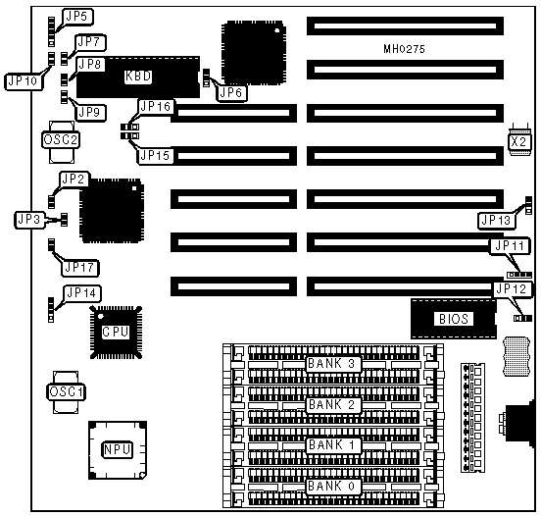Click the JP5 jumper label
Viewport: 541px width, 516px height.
tap(77, 17)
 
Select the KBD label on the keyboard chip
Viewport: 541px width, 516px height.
tap(138, 76)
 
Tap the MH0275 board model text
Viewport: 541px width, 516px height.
tap(404, 49)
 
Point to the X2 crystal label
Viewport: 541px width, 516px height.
tap(518, 141)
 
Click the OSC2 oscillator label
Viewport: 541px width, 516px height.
tap(61, 140)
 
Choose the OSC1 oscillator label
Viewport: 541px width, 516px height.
tap(66, 392)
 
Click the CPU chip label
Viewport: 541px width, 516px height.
tap(116, 332)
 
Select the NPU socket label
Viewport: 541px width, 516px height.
tap(118, 449)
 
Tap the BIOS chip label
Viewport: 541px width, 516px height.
tap(454, 319)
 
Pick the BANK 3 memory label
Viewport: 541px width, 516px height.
tap(332, 364)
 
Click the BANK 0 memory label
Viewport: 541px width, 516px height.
tap(332, 486)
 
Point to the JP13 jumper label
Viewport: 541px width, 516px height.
tap(496, 220)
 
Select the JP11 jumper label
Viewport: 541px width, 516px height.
tap(510, 246)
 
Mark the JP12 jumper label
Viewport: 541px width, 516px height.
tap(511, 288)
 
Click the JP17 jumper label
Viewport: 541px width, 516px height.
tap(79, 268)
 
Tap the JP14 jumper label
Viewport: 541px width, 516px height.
tap(81, 293)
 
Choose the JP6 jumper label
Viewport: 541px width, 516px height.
tap(231, 92)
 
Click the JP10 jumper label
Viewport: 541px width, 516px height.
tap(23, 81)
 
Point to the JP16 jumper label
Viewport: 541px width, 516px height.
tap(156, 106)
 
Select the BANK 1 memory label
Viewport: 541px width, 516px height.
tap(332, 444)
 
